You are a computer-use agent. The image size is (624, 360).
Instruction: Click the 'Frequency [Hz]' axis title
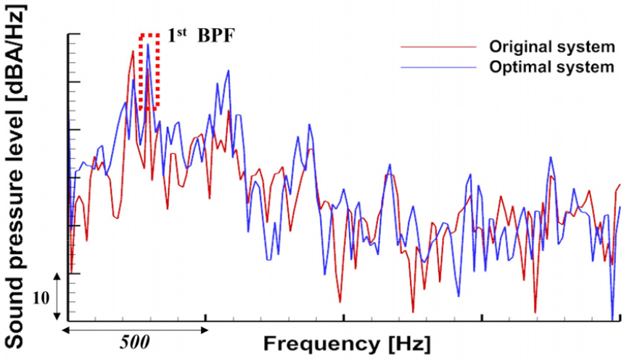[x=347, y=341]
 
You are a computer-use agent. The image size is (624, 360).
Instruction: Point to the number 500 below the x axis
[x=136, y=340]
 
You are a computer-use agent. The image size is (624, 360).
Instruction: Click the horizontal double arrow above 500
[x=135, y=329]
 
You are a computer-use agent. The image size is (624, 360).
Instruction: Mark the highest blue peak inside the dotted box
[x=148, y=44]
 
